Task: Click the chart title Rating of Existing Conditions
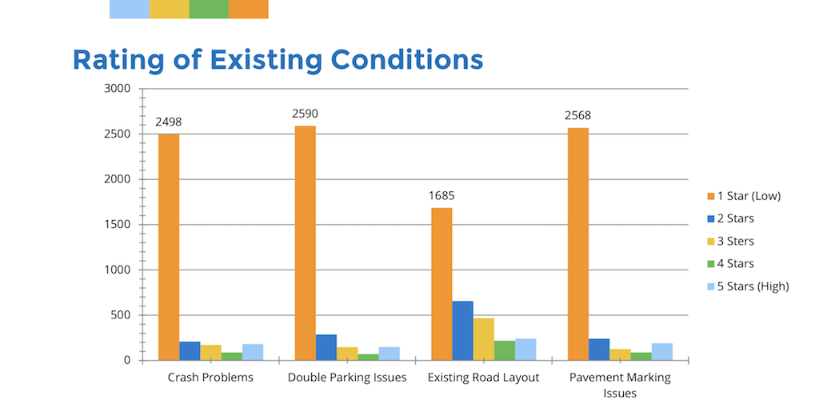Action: click(x=278, y=59)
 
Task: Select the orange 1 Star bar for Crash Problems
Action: click(x=169, y=247)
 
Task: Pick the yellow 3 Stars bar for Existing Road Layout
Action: click(x=483, y=339)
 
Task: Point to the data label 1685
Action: click(x=441, y=195)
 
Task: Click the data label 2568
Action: click(x=577, y=115)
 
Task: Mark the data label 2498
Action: click(x=169, y=122)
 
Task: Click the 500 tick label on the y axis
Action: click(x=120, y=315)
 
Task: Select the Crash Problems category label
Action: click(x=210, y=378)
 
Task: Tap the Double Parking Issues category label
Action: click(x=347, y=378)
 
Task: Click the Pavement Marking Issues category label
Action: click(x=620, y=385)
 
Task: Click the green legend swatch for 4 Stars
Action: click(x=710, y=264)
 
